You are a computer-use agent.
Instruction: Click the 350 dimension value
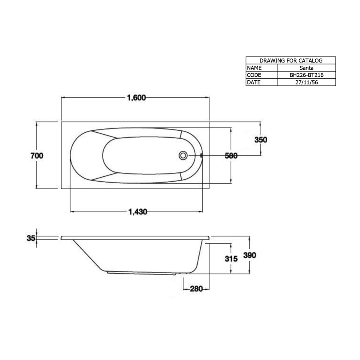point(260,140)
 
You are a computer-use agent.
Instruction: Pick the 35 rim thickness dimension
point(31,238)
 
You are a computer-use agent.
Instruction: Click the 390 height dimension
point(250,255)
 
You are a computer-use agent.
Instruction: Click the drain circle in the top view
point(183,155)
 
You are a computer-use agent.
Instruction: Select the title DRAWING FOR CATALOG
point(291,61)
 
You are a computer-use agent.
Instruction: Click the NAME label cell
point(261,68)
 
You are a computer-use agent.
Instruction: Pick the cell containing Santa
point(306,68)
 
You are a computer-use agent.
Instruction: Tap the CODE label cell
point(261,75)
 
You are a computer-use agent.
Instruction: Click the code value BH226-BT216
point(306,75)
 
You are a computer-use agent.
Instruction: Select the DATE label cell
point(261,82)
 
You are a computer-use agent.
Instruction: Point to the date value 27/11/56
point(306,82)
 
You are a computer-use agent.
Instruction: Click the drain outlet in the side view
point(183,274)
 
